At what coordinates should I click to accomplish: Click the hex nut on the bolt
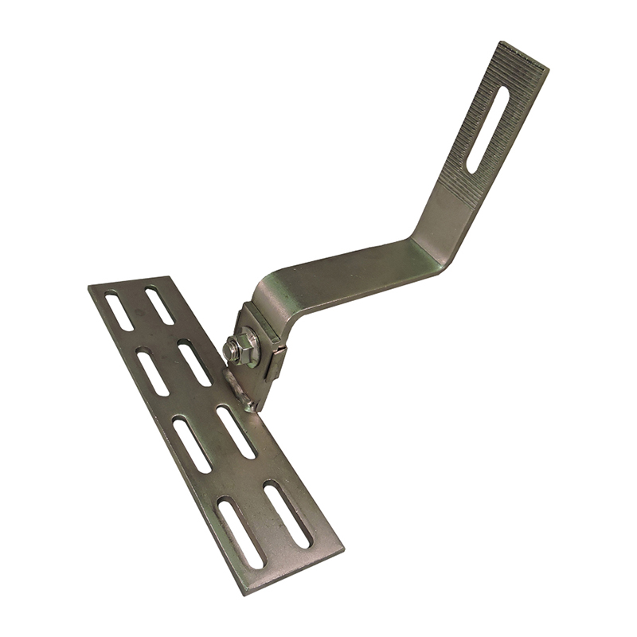click(x=242, y=349)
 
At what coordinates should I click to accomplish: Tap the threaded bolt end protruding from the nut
click(x=233, y=347)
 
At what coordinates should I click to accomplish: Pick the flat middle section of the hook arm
click(x=350, y=275)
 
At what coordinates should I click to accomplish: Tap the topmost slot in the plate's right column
click(x=160, y=306)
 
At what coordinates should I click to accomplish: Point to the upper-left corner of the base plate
click(x=90, y=288)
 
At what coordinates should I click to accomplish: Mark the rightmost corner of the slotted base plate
click(x=343, y=549)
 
